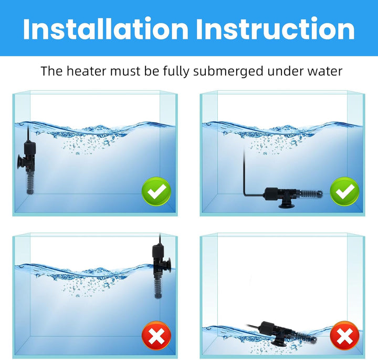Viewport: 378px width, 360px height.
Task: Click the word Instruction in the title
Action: [275, 29]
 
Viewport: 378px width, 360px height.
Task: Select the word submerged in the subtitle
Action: [230, 71]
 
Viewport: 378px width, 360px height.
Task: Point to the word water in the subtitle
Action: [323, 71]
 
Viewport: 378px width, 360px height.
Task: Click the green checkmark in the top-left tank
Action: [156, 192]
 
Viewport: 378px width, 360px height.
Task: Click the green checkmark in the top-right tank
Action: [344, 192]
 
